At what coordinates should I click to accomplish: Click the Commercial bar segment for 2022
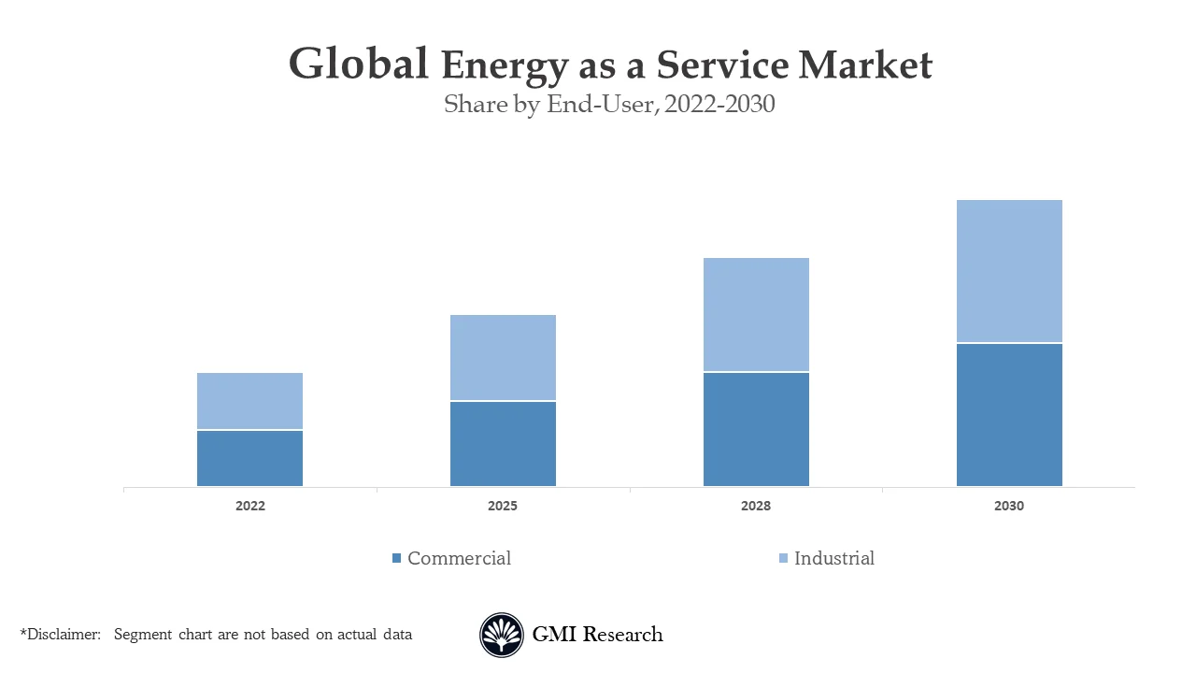click(x=249, y=458)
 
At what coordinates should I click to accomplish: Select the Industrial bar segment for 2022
click(x=249, y=401)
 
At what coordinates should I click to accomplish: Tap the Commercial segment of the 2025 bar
click(x=503, y=444)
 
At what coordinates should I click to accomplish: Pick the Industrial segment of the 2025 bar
click(x=503, y=357)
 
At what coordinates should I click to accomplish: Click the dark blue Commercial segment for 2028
click(x=756, y=429)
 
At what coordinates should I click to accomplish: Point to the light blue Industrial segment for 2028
click(x=756, y=314)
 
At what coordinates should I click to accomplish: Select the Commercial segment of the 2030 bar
click(x=1009, y=415)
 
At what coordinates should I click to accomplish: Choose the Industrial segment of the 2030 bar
click(x=1009, y=271)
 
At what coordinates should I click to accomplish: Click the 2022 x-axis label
click(x=249, y=506)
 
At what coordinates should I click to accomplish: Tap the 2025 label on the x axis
click(x=503, y=506)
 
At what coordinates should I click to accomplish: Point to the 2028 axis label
click(x=756, y=506)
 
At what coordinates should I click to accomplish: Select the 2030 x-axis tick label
click(x=1009, y=506)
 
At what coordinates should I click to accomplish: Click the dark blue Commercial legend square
click(x=396, y=558)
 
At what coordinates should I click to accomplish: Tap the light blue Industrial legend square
click(x=783, y=558)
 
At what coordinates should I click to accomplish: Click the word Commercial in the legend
click(x=459, y=558)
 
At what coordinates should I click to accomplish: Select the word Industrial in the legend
click(x=833, y=558)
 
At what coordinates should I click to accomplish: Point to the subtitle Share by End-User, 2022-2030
click(x=609, y=104)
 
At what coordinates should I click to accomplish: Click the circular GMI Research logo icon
click(x=502, y=635)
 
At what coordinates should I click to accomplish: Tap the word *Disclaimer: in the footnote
click(x=60, y=634)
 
